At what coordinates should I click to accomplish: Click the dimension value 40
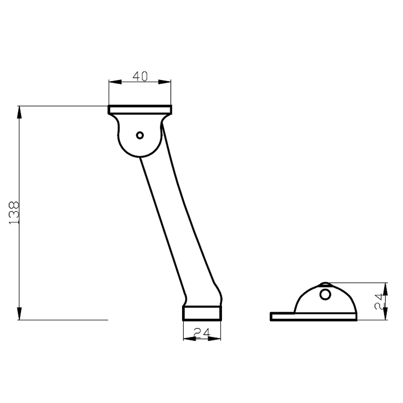pos(140,76)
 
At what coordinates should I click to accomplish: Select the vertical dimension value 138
pos(15,212)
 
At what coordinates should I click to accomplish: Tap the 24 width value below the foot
pos(201,333)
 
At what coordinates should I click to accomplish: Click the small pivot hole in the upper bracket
pos(140,135)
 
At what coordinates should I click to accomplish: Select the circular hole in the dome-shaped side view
pos(325,294)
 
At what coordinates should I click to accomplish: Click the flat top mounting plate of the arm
pos(140,110)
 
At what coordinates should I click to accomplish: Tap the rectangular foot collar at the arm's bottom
pos(201,313)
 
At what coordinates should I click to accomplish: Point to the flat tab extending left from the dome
pos(283,317)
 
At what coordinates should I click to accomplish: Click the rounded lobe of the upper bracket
pos(140,142)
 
